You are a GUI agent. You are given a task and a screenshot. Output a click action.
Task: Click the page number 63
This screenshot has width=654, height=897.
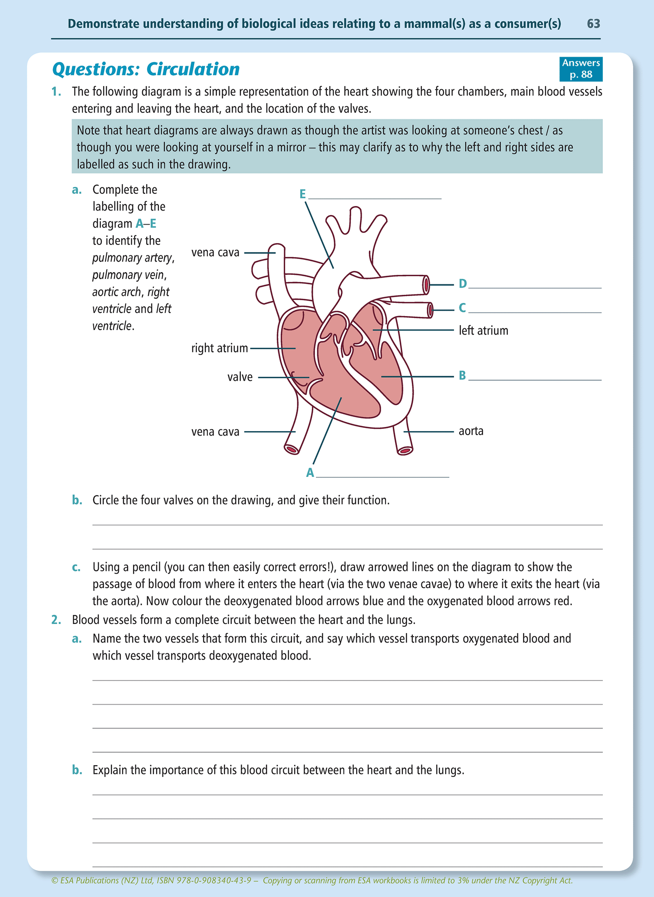point(593,24)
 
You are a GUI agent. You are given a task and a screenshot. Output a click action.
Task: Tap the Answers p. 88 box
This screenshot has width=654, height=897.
point(581,69)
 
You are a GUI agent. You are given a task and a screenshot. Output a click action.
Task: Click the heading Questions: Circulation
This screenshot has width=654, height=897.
point(146,69)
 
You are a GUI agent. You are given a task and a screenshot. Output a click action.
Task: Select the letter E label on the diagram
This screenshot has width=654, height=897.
point(303,194)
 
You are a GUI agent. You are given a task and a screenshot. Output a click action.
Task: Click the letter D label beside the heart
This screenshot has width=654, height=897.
point(462,284)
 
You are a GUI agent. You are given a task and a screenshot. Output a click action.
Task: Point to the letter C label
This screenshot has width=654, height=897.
point(462,308)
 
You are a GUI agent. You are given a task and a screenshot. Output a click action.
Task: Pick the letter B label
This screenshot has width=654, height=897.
point(462,375)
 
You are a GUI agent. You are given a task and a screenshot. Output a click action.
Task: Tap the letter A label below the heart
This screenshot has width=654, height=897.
point(310,473)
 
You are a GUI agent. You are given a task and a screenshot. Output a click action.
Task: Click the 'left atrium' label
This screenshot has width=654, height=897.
point(483,331)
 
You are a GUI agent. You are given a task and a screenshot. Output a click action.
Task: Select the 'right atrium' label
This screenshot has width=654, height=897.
point(220,348)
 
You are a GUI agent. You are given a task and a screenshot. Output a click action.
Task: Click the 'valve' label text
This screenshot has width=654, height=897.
point(240,377)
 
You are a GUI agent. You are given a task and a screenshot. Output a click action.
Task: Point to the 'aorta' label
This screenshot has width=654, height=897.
point(471,431)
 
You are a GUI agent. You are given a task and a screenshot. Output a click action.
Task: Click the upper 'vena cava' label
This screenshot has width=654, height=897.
point(215,252)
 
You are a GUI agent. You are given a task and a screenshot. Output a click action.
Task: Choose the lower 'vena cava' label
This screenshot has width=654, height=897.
point(215,432)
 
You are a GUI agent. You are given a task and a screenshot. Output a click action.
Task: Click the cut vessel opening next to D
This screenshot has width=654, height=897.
point(426,284)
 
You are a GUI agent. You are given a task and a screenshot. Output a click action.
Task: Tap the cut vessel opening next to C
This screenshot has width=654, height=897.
point(430,311)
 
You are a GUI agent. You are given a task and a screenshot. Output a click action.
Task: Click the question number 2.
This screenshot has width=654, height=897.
point(56,619)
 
